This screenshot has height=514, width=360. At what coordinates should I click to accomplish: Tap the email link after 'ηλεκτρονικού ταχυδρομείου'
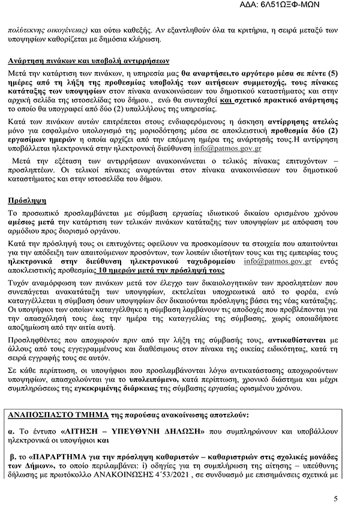pos(286,261)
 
